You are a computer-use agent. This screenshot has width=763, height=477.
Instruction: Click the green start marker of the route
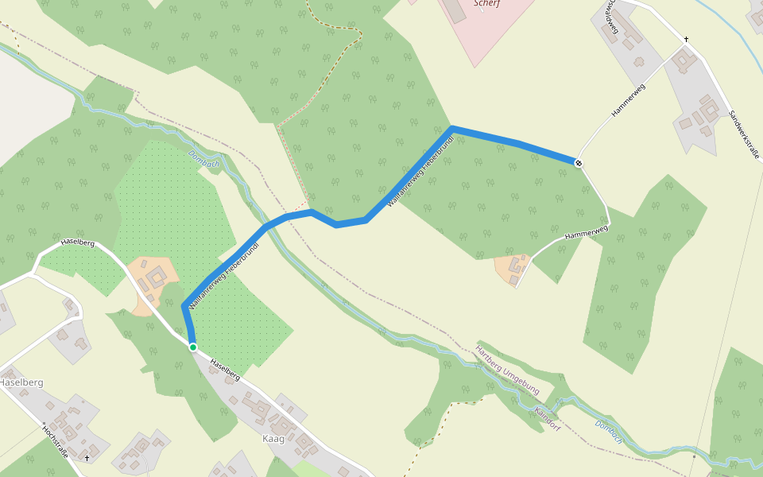point(192,347)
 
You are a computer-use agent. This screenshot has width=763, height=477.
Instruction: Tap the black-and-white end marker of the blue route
point(579,163)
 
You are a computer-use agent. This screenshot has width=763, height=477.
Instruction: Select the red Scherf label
point(486,3)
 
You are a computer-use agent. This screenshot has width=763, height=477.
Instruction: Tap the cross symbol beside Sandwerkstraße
point(686,40)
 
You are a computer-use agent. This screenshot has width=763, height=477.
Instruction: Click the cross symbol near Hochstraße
point(87,459)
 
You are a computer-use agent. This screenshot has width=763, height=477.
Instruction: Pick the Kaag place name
point(273,439)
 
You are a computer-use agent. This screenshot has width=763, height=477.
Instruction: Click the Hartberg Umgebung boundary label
point(506,370)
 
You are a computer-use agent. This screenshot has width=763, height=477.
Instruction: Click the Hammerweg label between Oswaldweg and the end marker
point(628,101)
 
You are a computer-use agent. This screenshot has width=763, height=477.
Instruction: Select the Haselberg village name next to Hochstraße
point(21,382)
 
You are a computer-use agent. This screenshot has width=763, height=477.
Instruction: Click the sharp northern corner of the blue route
point(451,127)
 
